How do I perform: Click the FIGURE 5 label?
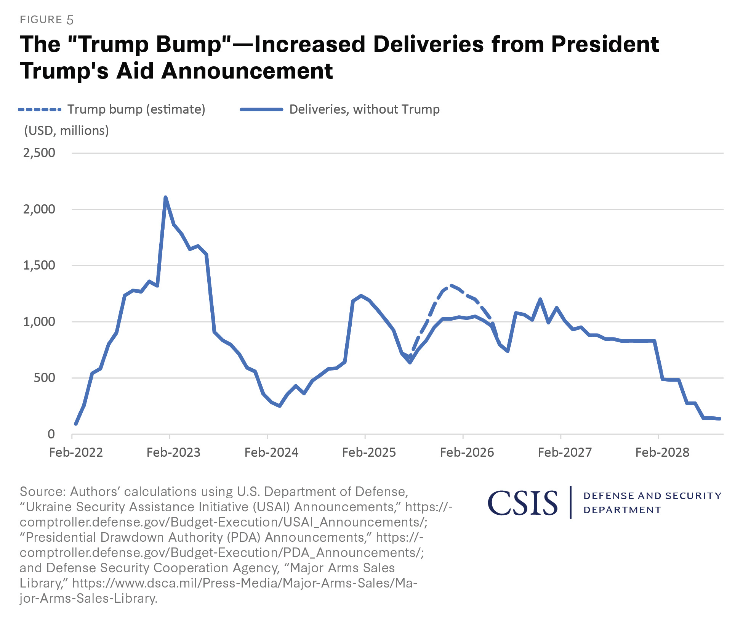pos(46,20)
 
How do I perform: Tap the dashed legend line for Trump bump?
pos(40,110)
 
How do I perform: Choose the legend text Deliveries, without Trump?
pos(364,109)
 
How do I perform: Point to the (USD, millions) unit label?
pos(67,131)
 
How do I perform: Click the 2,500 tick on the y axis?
pos(39,153)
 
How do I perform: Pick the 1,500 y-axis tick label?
pos(39,265)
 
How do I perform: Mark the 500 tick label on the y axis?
pos(44,378)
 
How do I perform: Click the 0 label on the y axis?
pos(51,434)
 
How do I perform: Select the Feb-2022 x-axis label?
pos(76,452)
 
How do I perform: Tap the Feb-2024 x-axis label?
pos(271,452)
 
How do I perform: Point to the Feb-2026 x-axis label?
pos(467,452)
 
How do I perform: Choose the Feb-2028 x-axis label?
pos(662,452)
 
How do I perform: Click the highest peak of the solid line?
pos(165,197)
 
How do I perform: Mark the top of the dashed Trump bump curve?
pos(451,285)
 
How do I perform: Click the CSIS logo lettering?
pos(523,503)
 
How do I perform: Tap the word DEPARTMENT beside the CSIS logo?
pos(622,510)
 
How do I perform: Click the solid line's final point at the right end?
pos(719,419)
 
